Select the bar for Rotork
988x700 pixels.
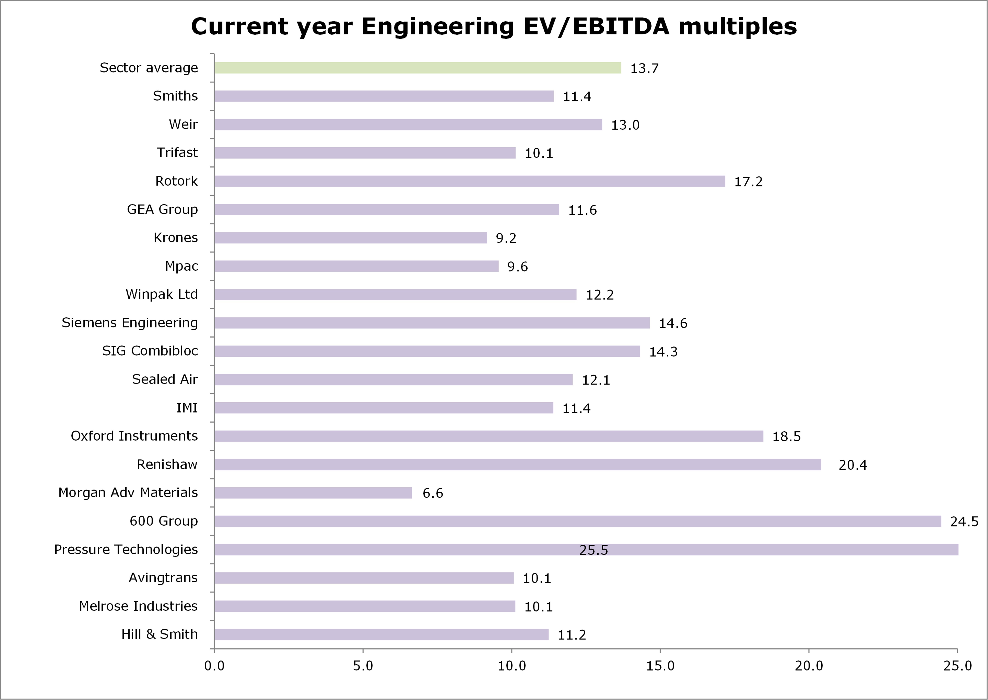point(469,181)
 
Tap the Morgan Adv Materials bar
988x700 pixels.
point(313,493)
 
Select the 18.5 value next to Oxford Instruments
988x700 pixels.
point(786,437)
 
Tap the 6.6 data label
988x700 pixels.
point(433,493)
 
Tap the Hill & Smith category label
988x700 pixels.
point(159,634)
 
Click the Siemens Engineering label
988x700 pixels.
point(130,323)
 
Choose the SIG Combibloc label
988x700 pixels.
point(150,351)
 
